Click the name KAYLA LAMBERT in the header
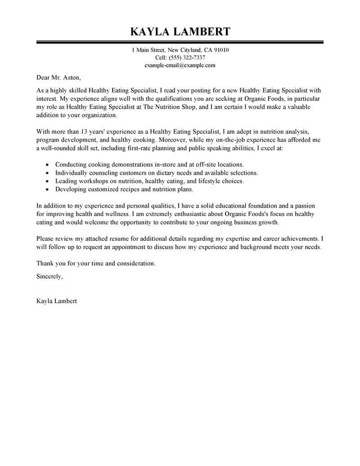(180, 32)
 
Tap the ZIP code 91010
(220, 50)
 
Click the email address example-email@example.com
(180, 65)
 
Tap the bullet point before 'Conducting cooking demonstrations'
(47, 165)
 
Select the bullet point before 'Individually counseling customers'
(47, 173)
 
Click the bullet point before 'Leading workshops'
(47, 181)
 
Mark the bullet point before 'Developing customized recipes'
(47, 190)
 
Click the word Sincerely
(49, 276)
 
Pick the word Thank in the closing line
(44, 263)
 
